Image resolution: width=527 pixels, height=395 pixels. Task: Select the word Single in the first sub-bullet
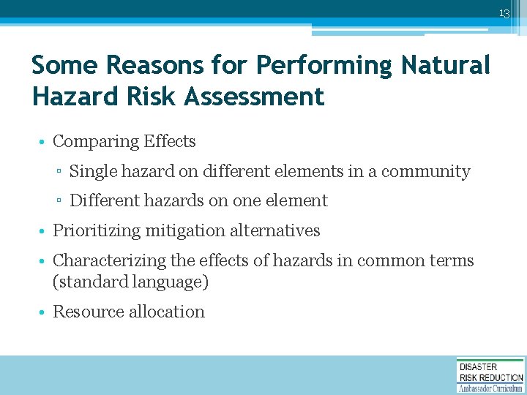click(94, 171)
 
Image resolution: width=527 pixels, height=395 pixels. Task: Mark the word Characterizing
click(108, 260)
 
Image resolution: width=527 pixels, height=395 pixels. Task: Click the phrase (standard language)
click(130, 282)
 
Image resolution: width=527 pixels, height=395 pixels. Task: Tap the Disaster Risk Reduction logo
click(490, 375)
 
